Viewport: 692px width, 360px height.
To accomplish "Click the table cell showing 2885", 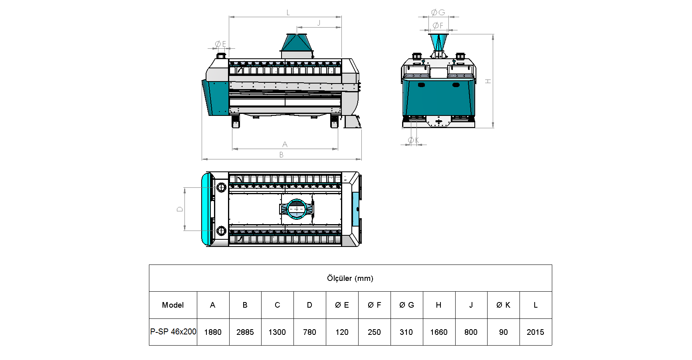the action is (245, 332).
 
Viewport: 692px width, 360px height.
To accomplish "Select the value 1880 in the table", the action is (213, 332).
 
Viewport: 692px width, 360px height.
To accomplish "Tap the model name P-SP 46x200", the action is (173, 332).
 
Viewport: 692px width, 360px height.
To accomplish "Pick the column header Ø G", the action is (406, 305).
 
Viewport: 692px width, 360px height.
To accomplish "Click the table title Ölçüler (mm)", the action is (350, 278).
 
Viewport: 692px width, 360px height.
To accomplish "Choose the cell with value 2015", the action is (535, 332).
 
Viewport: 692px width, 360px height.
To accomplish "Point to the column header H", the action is (439, 305).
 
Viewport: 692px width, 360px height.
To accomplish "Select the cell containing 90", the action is (504, 332).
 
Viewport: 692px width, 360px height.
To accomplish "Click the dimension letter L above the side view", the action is (288, 13).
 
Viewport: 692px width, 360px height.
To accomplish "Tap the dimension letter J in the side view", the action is (319, 23).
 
